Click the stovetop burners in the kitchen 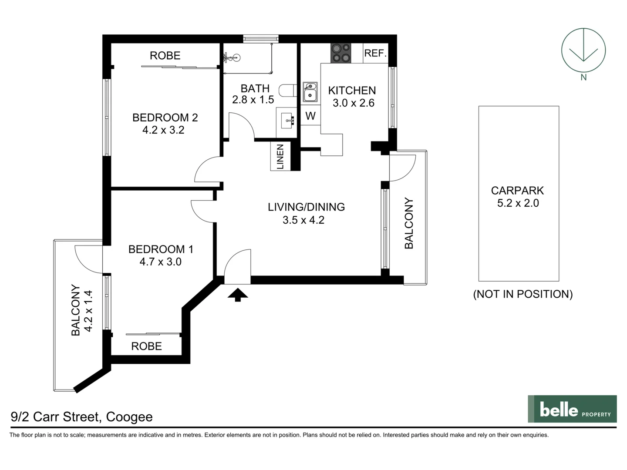pos(340,53)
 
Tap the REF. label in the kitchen pos(375,53)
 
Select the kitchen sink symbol pos(310,92)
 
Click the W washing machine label pos(310,116)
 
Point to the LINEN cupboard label pos(280,157)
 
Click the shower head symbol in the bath pos(231,57)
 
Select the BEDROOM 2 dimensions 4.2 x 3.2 pos(163,130)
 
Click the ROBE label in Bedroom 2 pos(165,55)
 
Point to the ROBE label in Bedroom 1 pos(146,346)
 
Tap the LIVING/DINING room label pos(306,207)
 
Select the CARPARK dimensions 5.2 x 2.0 pos(518,203)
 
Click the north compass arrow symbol pos(583,50)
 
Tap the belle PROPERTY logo pos(572,409)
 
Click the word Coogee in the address pos(129,417)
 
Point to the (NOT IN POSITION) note pos(522,294)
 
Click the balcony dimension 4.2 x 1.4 pos(88,311)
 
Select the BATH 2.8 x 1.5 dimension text pos(253,100)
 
